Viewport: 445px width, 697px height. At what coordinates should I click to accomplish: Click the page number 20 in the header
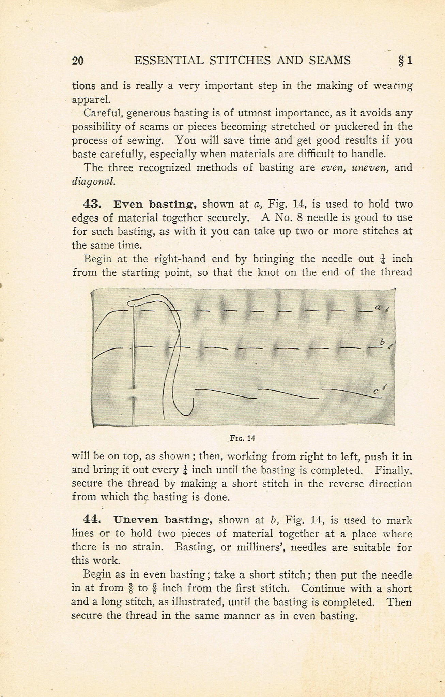78,61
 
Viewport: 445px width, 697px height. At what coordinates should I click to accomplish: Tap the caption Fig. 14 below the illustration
243,438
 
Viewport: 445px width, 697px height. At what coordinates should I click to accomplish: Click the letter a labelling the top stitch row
378,307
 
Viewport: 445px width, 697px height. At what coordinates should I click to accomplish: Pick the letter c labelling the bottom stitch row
376,392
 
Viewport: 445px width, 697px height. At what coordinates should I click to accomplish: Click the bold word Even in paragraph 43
126,204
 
